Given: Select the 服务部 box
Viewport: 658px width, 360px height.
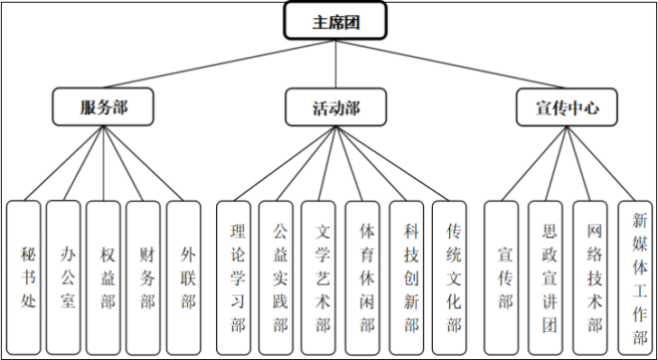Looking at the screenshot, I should tap(102, 107).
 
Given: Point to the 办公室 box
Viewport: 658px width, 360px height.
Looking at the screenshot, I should tap(63, 276).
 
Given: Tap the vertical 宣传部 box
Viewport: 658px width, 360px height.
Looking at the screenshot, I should tap(502, 276).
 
